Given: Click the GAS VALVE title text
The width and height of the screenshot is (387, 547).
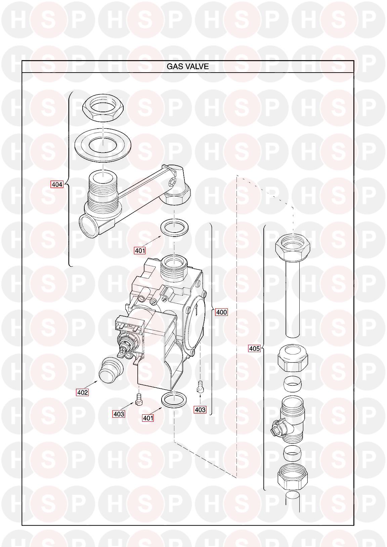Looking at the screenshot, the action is (187, 67).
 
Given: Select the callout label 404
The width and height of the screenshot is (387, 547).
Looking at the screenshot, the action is (57, 184).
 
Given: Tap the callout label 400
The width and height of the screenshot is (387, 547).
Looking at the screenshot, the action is (221, 312).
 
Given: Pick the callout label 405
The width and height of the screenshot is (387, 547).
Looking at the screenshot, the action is (254, 348).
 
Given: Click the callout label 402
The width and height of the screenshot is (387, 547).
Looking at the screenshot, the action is (82, 392).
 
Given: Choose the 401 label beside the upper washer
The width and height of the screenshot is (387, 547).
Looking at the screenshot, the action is (140, 250).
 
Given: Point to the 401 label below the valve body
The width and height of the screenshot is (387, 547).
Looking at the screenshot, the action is (148, 418).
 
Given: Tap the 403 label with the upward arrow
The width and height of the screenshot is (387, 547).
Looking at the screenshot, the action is (200, 410).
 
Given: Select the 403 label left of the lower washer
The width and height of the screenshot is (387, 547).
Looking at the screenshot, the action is (119, 414).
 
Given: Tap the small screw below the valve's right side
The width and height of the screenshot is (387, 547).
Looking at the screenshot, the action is (200, 387).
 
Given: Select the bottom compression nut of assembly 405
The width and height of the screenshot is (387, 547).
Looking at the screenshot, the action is (292, 478).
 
